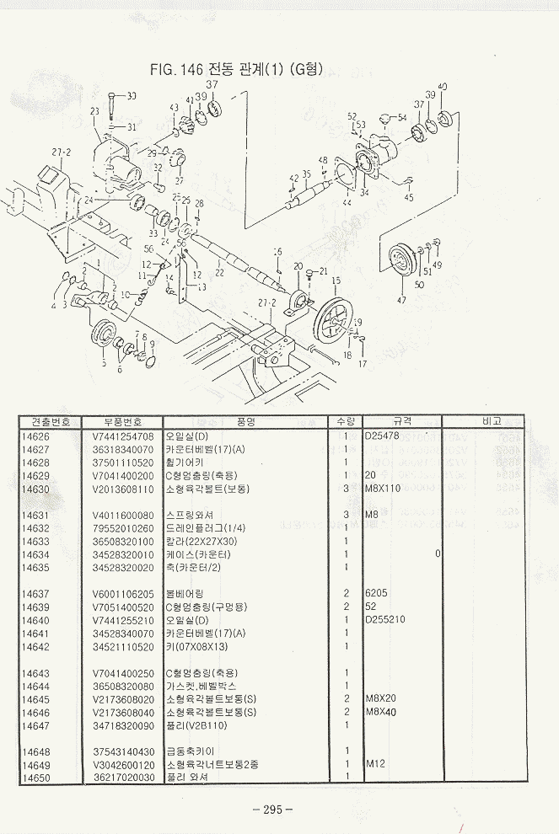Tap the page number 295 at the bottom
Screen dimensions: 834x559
(271, 810)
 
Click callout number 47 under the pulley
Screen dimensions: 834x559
(400, 300)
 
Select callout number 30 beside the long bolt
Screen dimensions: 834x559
(131, 96)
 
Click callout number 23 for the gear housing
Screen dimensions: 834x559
(94, 110)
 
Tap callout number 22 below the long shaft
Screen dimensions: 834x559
(220, 272)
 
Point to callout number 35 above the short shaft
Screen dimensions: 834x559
(307, 174)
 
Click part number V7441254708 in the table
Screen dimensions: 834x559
(123, 437)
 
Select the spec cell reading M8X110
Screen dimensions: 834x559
(383, 489)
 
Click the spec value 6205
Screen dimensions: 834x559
(376, 593)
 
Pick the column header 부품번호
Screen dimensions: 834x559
(123, 421)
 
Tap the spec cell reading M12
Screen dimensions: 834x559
(375, 765)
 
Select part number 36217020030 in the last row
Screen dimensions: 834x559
(123, 777)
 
